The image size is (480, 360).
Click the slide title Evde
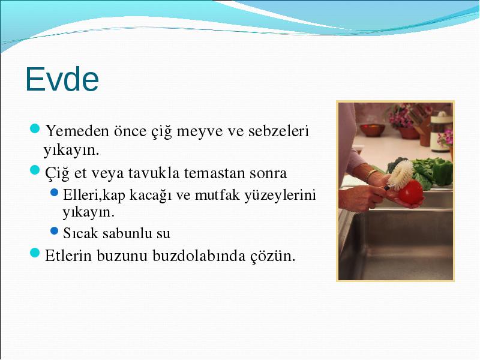pyautogui.click(x=62, y=79)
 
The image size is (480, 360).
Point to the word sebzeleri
pyautogui.click(x=278, y=131)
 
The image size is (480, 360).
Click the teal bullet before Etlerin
pyautogui.click(x=35, y=253)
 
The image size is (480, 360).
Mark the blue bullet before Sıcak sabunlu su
pyautogui.click(x=54, y=231)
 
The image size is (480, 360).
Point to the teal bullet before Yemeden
pyautogui.click(x=35, y=128)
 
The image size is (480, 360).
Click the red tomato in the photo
pyautogui.click(x=410, y=192)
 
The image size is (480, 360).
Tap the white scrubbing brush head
pyautogui.click(x=400, y=174)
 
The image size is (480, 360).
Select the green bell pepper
pyautogui.click(x=441, y=172)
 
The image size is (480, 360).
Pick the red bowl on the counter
pyautogui.click(x=372, y=130)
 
